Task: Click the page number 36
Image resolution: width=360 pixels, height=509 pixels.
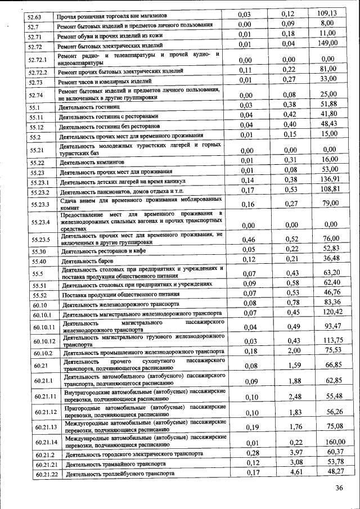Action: coord(339,488)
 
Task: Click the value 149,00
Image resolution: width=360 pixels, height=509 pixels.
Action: coord(327,43)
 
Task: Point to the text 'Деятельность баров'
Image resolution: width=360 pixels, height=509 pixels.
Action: coord(89,262)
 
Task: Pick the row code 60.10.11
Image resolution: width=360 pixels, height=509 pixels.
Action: coord(44,327)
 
